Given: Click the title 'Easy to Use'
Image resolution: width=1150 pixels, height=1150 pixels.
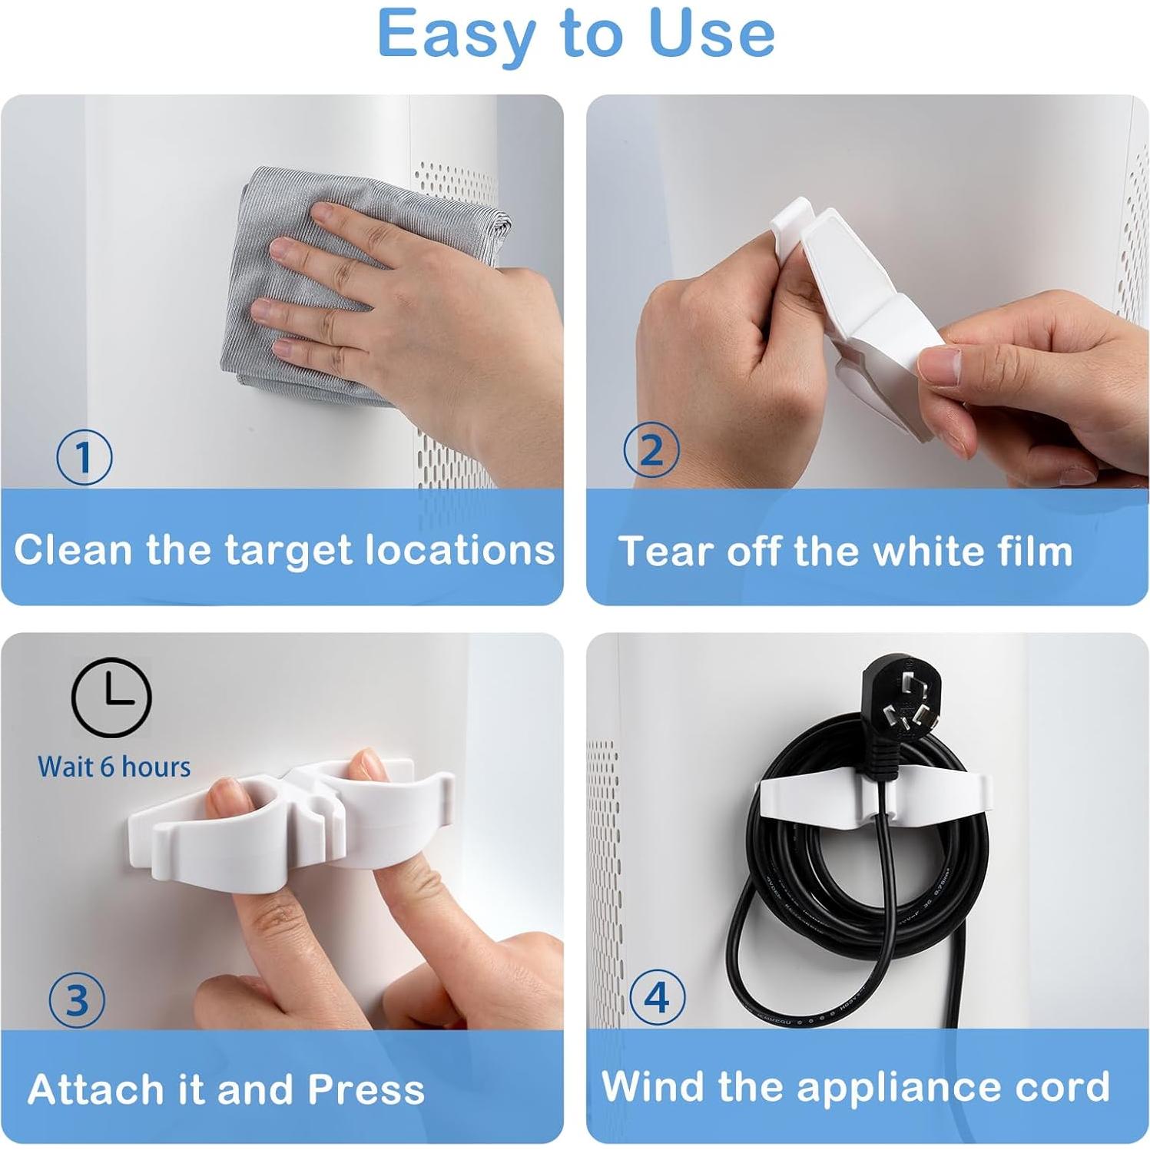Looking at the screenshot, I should pyautogui.click(x=575, y=34).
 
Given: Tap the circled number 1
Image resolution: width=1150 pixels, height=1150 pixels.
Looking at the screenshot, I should pyautogui.click(x=85, y=457).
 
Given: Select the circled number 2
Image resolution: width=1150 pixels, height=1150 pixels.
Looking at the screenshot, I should pyautogui.click(x=651, y=450).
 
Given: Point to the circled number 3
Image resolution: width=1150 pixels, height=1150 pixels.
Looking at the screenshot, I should pyautogui.click(x=77, y=1000).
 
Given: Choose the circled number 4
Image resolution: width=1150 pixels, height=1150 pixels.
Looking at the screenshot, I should pyautogui.click(x=657, y=997).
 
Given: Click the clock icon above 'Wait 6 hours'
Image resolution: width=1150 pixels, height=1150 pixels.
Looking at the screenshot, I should pyautogui.click(x=111, y=698).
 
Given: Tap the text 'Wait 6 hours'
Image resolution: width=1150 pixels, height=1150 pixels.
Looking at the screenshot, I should pyautogui.click(x=114, y=767).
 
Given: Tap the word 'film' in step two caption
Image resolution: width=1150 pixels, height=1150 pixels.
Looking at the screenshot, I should pyautogui.click(x=1029, y=551).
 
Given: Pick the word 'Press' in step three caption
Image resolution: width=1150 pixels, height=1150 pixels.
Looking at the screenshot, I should pyautogui.click(x=366, y=1089).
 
